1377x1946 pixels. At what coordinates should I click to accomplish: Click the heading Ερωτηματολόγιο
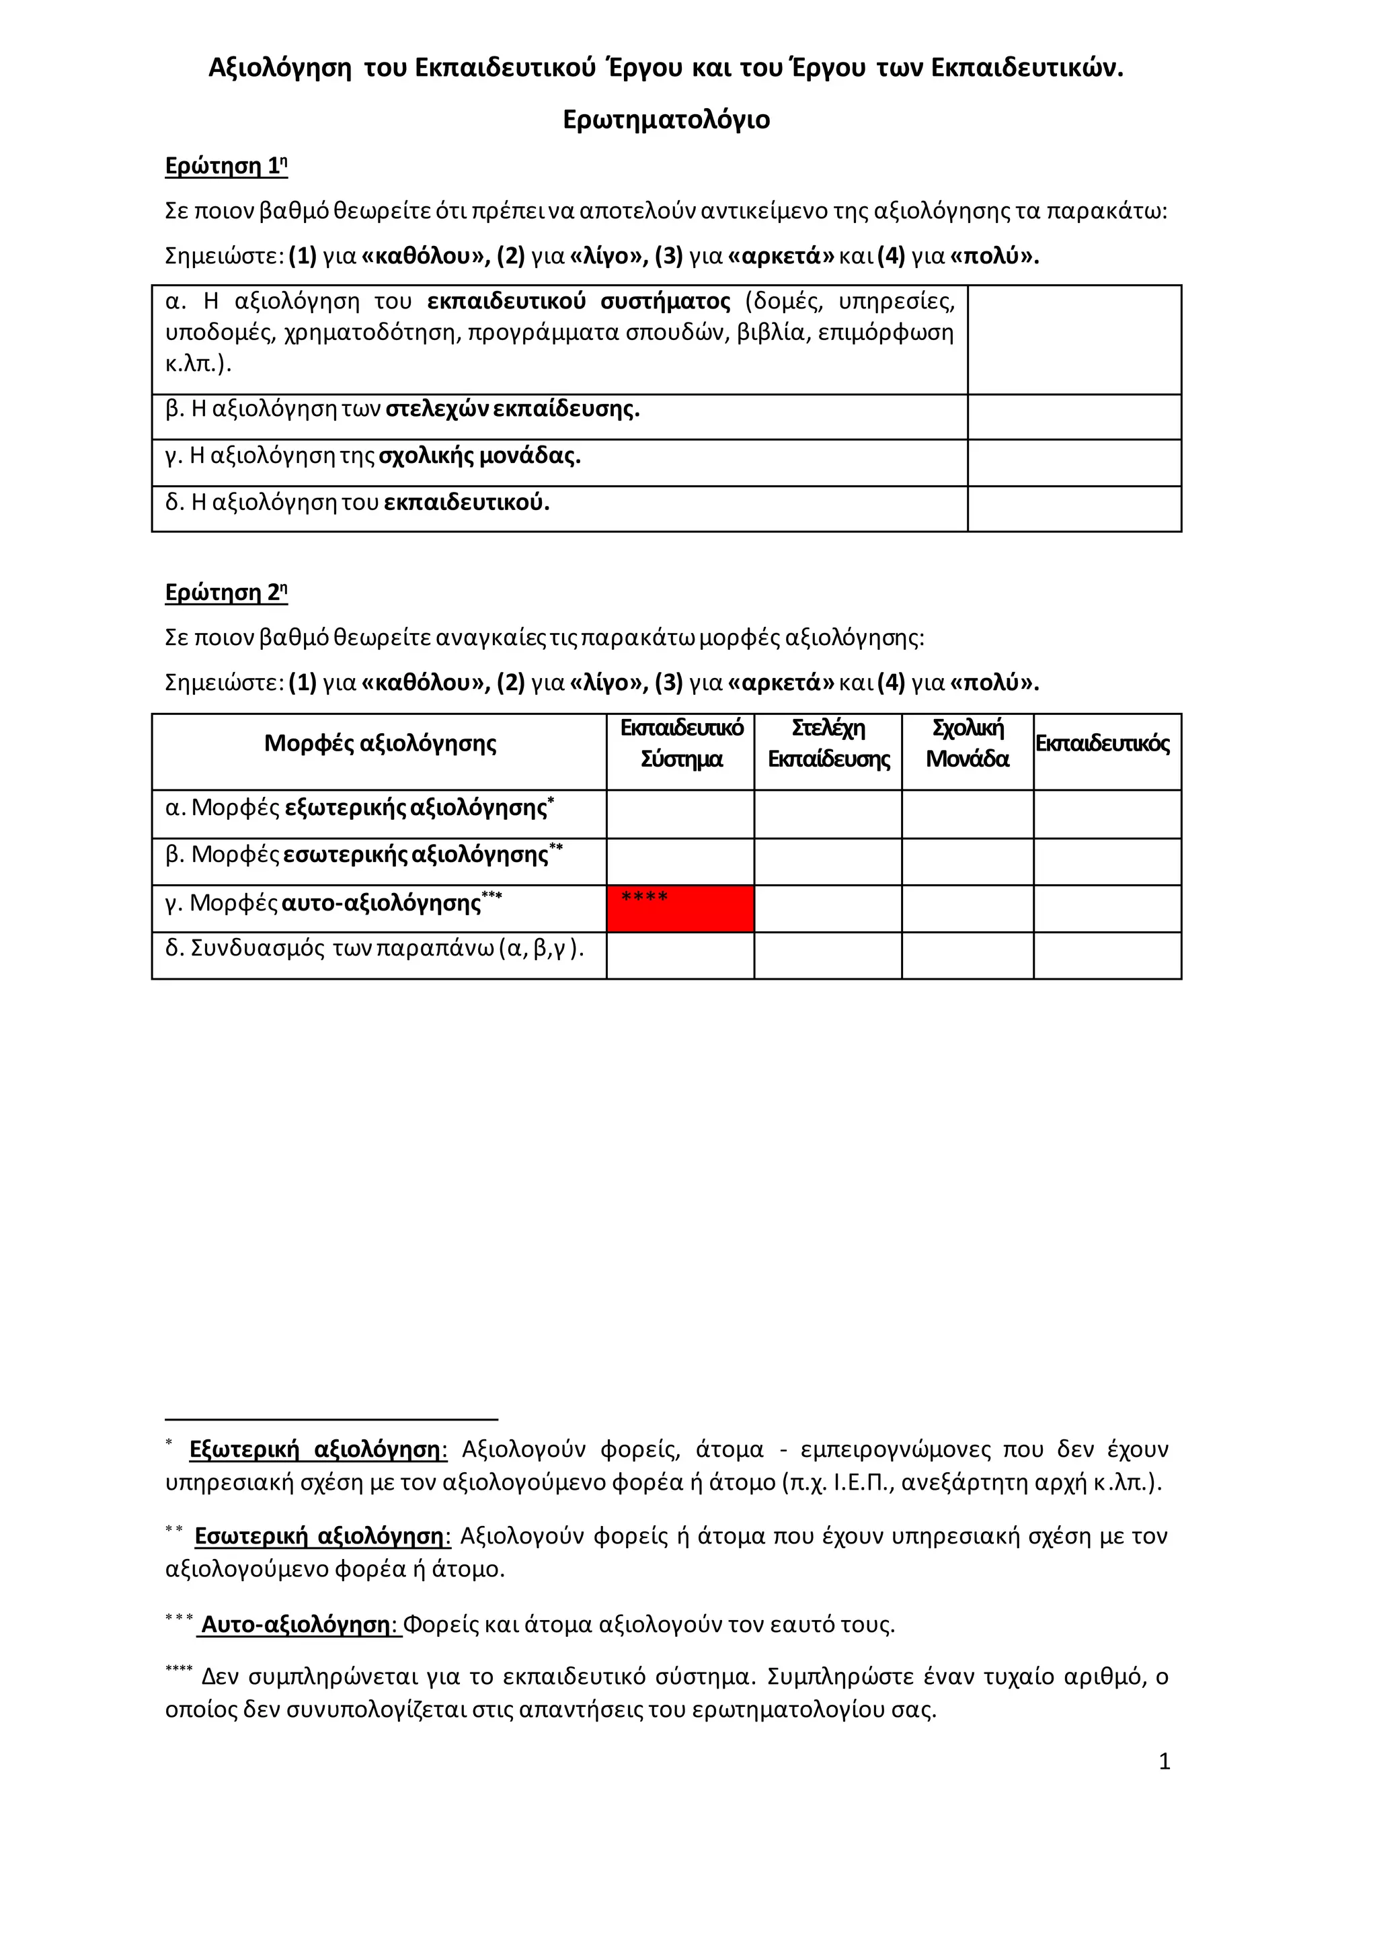tap(666, 120)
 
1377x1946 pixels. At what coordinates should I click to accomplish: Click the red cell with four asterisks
tap(680, 909)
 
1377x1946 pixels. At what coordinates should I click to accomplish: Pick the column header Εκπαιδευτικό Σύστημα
tap(681, 743)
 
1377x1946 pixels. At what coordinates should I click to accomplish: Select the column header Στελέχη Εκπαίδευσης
tap(828, 743)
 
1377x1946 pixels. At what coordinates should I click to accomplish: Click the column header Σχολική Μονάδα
tap(968, 743)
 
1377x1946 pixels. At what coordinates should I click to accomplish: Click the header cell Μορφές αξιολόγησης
tap(380, 744)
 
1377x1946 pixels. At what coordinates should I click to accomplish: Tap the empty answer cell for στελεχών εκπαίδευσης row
tap(1074, 417)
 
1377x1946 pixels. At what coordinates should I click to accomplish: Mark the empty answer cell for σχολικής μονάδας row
tap(1074, 463)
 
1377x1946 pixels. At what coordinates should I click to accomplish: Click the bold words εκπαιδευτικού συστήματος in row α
tap(578, 302)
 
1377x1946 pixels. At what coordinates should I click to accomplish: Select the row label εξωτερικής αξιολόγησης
tap(416, 808)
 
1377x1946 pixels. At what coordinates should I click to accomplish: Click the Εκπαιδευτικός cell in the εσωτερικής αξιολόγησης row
tap(1107, 862)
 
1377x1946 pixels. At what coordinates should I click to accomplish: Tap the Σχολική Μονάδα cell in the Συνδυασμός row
tap(968, 956)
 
